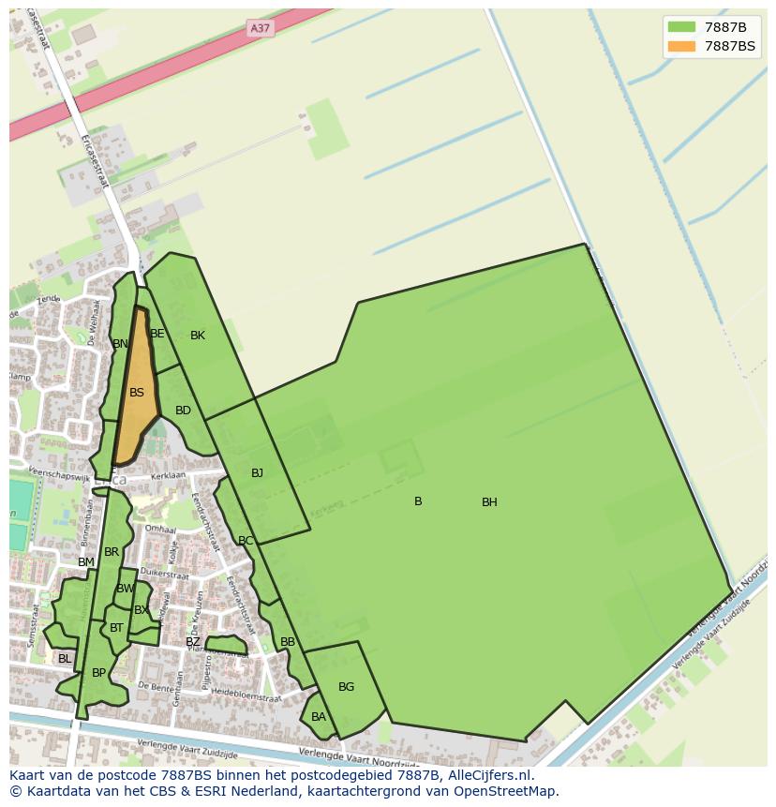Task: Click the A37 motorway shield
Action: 260,28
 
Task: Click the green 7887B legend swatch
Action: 681,26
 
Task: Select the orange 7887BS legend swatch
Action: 681,46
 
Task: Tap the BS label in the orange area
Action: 137,393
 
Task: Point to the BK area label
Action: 198,336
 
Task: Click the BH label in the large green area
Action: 489,502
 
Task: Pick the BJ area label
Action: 257,473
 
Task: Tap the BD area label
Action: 183,411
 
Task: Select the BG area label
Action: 346,687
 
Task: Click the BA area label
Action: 319,717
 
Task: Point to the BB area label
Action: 288,642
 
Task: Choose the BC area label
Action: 246,541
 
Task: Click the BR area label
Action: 112,552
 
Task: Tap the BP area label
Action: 98,673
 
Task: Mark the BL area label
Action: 65,659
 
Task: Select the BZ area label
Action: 192,642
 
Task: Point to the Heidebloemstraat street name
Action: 246,695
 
